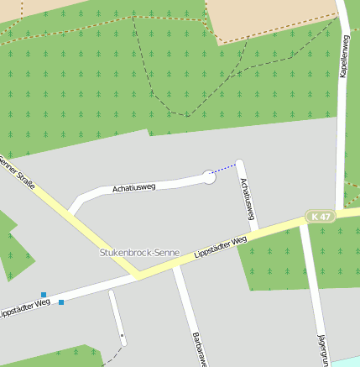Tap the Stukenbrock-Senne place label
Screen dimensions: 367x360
click(138, 252)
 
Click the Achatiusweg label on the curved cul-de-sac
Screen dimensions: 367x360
click(136, 188)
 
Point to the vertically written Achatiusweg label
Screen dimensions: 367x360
click(247, 199)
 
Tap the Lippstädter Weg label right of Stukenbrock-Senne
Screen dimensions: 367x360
click(220, 248)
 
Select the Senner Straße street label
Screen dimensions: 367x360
click(18, 171)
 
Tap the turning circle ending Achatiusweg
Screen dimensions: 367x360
click(209, 176)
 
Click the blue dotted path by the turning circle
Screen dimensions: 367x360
click(224, 170)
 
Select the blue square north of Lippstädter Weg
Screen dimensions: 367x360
click(44, 295)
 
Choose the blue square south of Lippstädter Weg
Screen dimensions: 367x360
click(61, 302)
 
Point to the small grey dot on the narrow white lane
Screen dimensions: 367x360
click(123, 335)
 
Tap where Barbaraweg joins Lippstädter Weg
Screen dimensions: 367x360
click(175, 266)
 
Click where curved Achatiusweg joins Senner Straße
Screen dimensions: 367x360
click(73, 212)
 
